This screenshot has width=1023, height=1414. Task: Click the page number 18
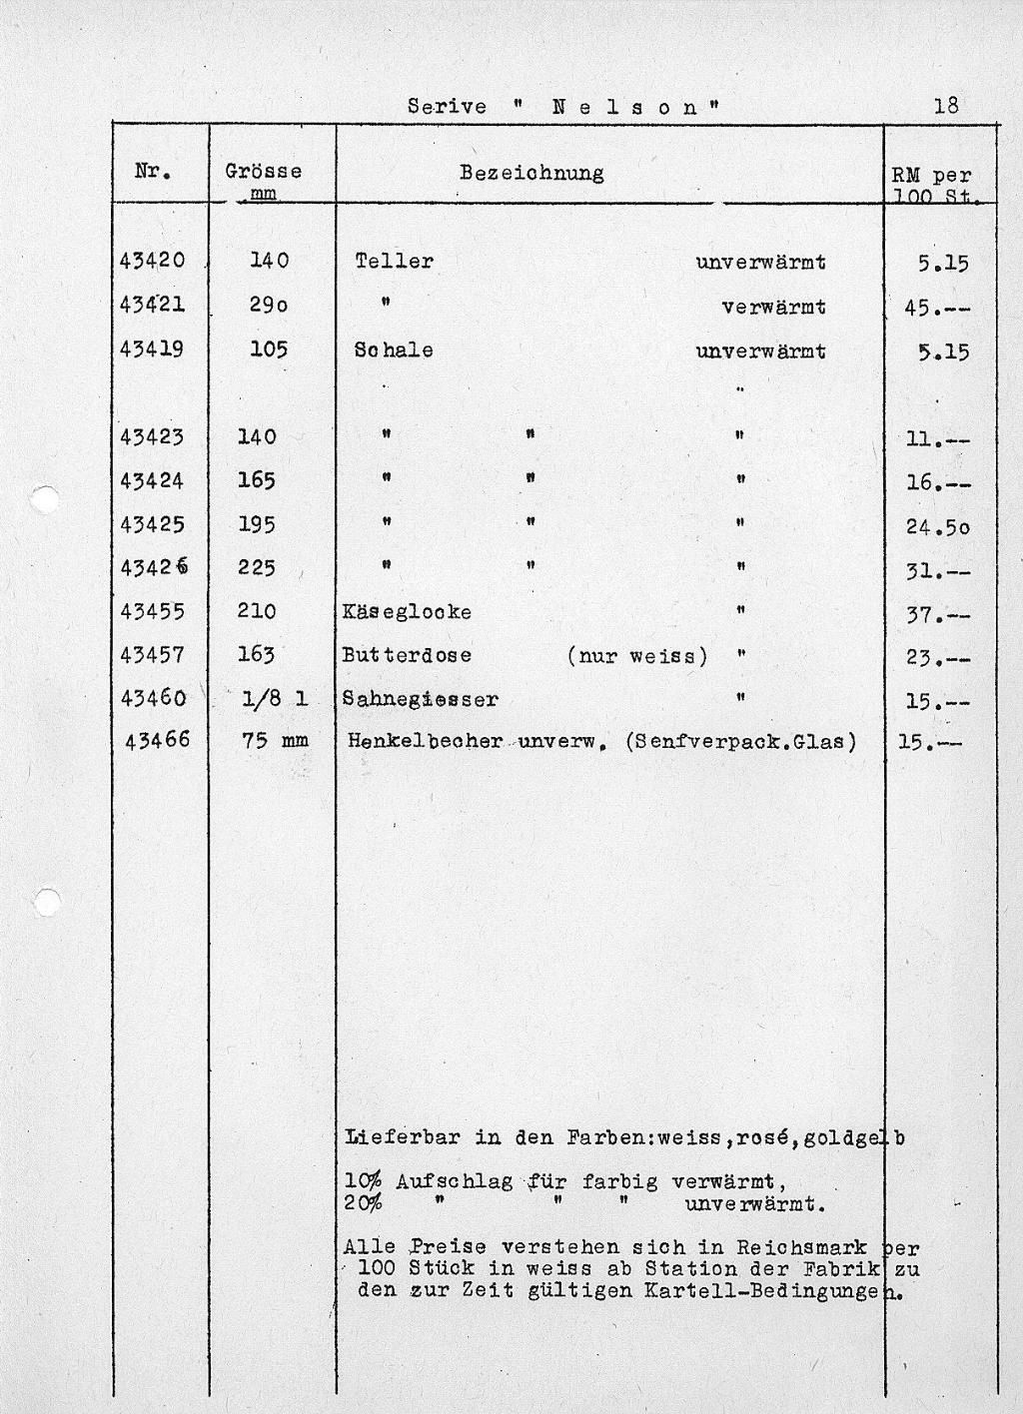tap(945, 105)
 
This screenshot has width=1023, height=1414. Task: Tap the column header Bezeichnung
tap(531, 173)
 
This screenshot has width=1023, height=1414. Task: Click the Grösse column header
tap(264, 172)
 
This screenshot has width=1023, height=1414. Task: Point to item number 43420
tap(152, 262)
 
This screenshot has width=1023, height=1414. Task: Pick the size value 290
tap(269, 307)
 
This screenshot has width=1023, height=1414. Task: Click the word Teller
tap(394, 262)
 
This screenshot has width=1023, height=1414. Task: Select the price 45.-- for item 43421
tap(936, 308)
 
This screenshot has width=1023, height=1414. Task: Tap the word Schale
tap(394, 352)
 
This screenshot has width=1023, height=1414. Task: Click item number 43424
tap(152, 481)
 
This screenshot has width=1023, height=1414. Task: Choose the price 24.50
tap(937, 525)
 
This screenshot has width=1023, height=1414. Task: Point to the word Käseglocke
tap(407, 612)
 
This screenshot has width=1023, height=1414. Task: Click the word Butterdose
tap(407, 656)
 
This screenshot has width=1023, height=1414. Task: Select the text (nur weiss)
tap(636, 656)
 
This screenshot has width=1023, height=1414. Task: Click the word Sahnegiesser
tap(420, 700)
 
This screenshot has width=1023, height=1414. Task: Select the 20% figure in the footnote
tap(363, 1203)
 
